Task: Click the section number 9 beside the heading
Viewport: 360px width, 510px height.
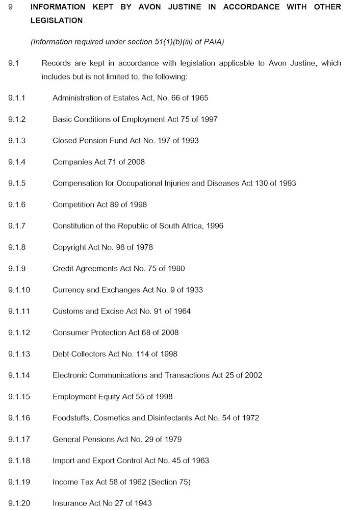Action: click(10, 7)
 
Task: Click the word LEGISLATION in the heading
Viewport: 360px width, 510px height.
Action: click(56, 20)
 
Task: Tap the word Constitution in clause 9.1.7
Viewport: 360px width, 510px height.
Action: click(73, 226)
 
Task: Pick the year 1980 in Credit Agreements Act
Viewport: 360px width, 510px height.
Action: click(175, 268)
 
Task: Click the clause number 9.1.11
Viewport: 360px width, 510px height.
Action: click(19, 311)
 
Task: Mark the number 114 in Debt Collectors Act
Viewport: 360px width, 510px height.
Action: click(139, 354)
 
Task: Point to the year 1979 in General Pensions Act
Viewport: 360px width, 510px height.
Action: click(172, 439)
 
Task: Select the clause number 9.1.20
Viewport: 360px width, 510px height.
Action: click(19, 503)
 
